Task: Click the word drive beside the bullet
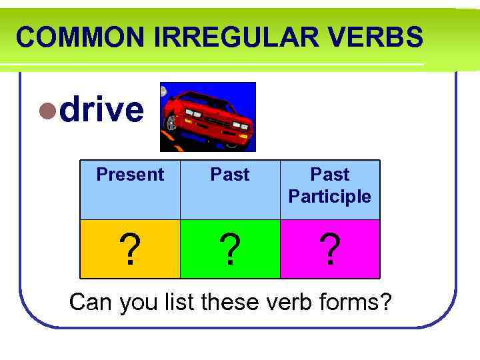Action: [101, 109]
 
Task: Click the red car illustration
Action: [208, 117]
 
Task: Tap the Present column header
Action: [130, 175]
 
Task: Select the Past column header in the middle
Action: [230, 175]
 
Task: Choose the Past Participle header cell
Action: [330, 185]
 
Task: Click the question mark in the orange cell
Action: [130, 250]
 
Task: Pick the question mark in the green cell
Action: [230, 250]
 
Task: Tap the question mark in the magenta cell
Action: [330, 250]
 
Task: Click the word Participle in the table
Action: [330, 197]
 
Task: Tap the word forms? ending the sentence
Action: [357, 302]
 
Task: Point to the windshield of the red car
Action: [200, 97]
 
